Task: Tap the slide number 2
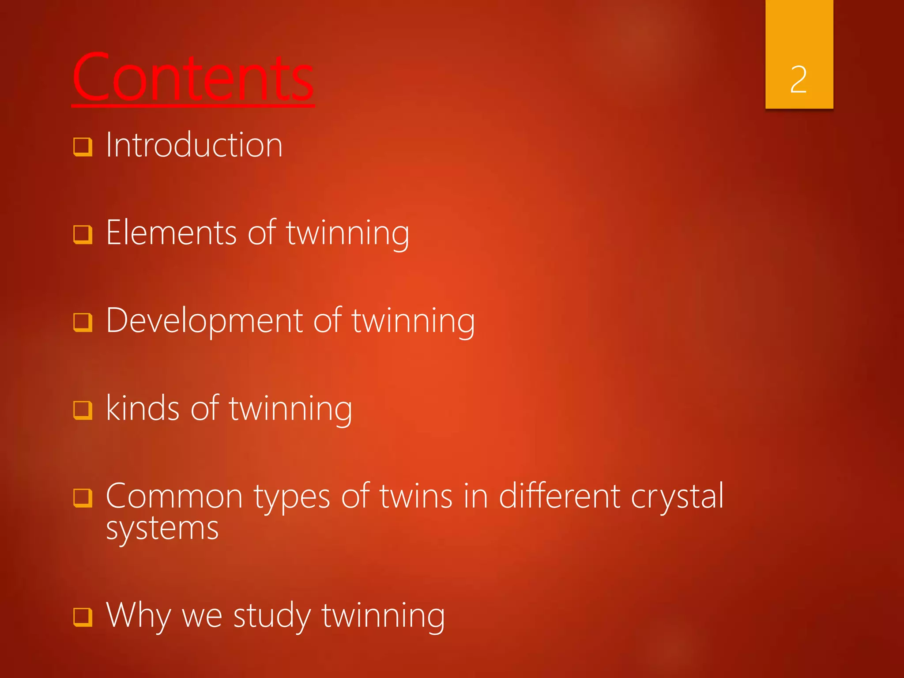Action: [x=799, y=79]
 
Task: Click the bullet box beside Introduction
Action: [x=83, y=147]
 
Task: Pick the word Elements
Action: [x=171, y=233]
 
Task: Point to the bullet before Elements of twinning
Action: [x=83, y=235]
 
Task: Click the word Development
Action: [x=204, y=321]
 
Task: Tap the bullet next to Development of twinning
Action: [x=83, y=323]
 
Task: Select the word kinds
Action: [x=143, y=408]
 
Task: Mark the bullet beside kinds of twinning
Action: [x=83, y=410]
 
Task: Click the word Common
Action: [x=174, y=497]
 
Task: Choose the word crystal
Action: [x=677, y=497]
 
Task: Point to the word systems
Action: [x=162, y=528]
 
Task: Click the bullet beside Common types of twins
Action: [x=83, y=498]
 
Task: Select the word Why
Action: [x=139, y=615]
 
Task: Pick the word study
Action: [x=272, y=615]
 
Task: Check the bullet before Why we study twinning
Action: [x=83, y=617]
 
